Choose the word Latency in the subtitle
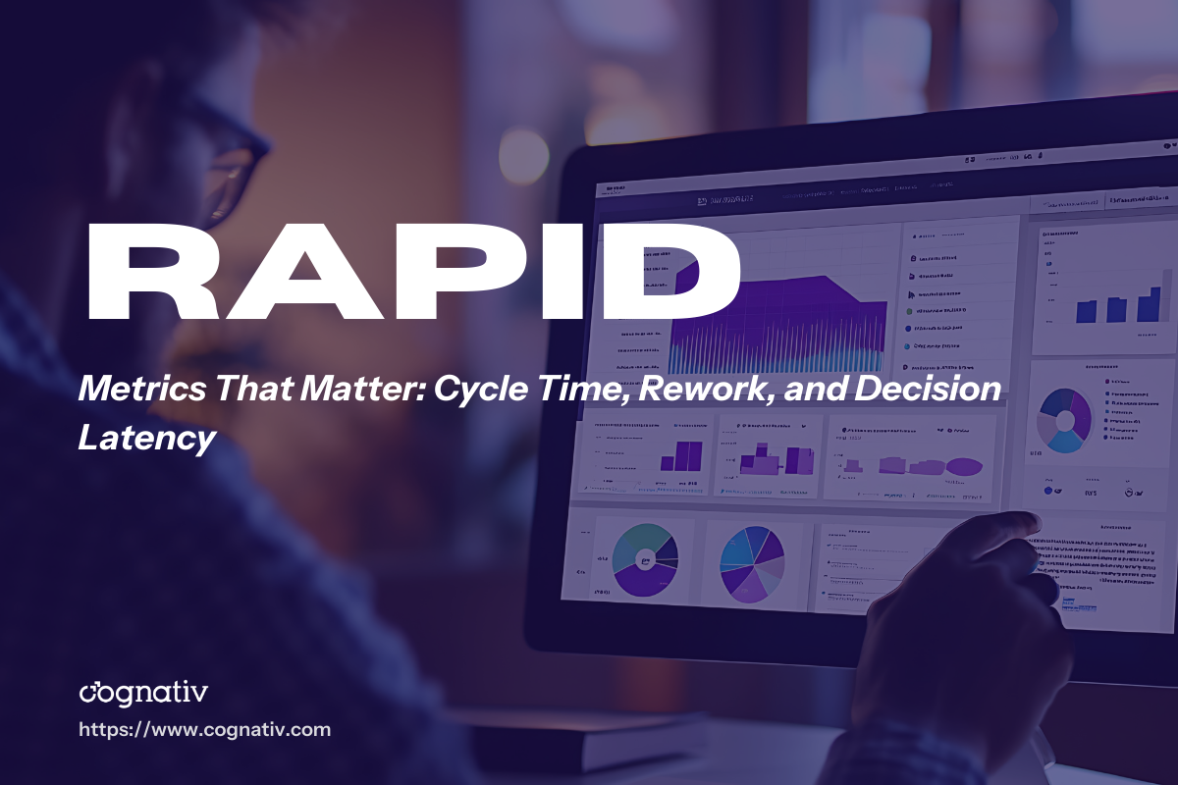pos(146,438)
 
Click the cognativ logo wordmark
pos(143,693)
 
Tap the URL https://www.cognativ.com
pos(204,730)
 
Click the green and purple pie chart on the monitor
pos(644,559)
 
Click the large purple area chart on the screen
pos(776,324)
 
